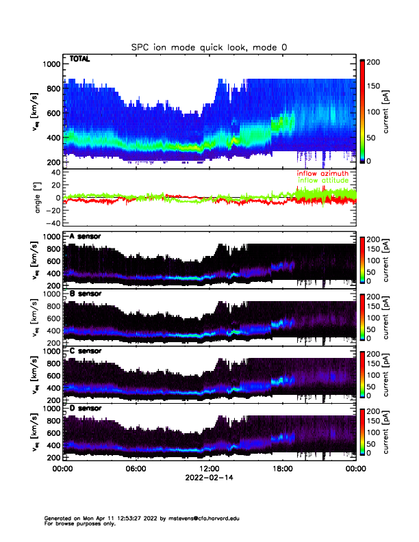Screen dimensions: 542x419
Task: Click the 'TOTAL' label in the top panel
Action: [x=80, y=60]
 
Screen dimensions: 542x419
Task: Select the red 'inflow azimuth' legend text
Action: [x=322, y=174]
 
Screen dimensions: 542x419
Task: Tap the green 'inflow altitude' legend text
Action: [x=322, y=181]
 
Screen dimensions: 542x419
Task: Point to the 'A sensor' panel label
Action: [x=85, y=237]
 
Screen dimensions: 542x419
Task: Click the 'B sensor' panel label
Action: [x=85, y=294]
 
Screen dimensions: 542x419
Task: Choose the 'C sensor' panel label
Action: [x=85, y=352]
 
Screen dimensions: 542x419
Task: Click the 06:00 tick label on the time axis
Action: [x=136, y=469]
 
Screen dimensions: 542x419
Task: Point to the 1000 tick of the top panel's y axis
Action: [x=52, y=64]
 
